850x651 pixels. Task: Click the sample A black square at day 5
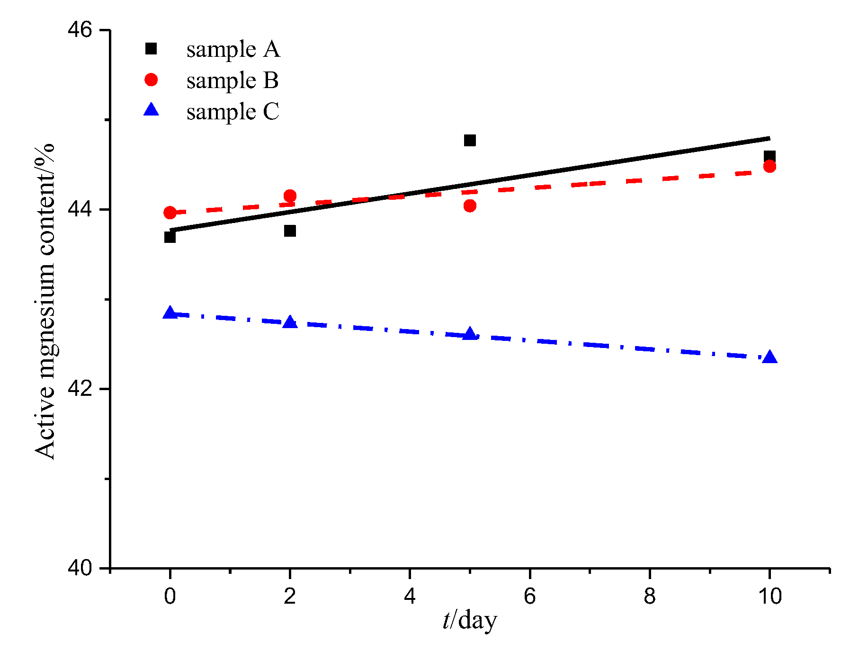(470, 140)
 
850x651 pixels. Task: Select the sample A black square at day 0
(170, 237)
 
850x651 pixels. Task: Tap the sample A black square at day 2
(290, 231)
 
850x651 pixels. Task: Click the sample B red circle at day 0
(170, 213)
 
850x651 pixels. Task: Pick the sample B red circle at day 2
(290, 196)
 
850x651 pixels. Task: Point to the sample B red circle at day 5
(470, 205)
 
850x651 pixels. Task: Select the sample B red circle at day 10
(769, 166)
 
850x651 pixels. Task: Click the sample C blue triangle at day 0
(170, 313)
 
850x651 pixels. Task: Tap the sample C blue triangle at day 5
(470, 334)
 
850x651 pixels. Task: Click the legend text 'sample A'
(233, 49)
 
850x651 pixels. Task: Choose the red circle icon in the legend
(151, 80)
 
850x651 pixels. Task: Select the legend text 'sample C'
(233, 112)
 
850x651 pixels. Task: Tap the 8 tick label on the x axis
(649, 596)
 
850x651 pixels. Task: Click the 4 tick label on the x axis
(410, 596)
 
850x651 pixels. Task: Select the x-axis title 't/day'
(470, 621)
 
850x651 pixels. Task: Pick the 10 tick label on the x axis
(769, 596)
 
